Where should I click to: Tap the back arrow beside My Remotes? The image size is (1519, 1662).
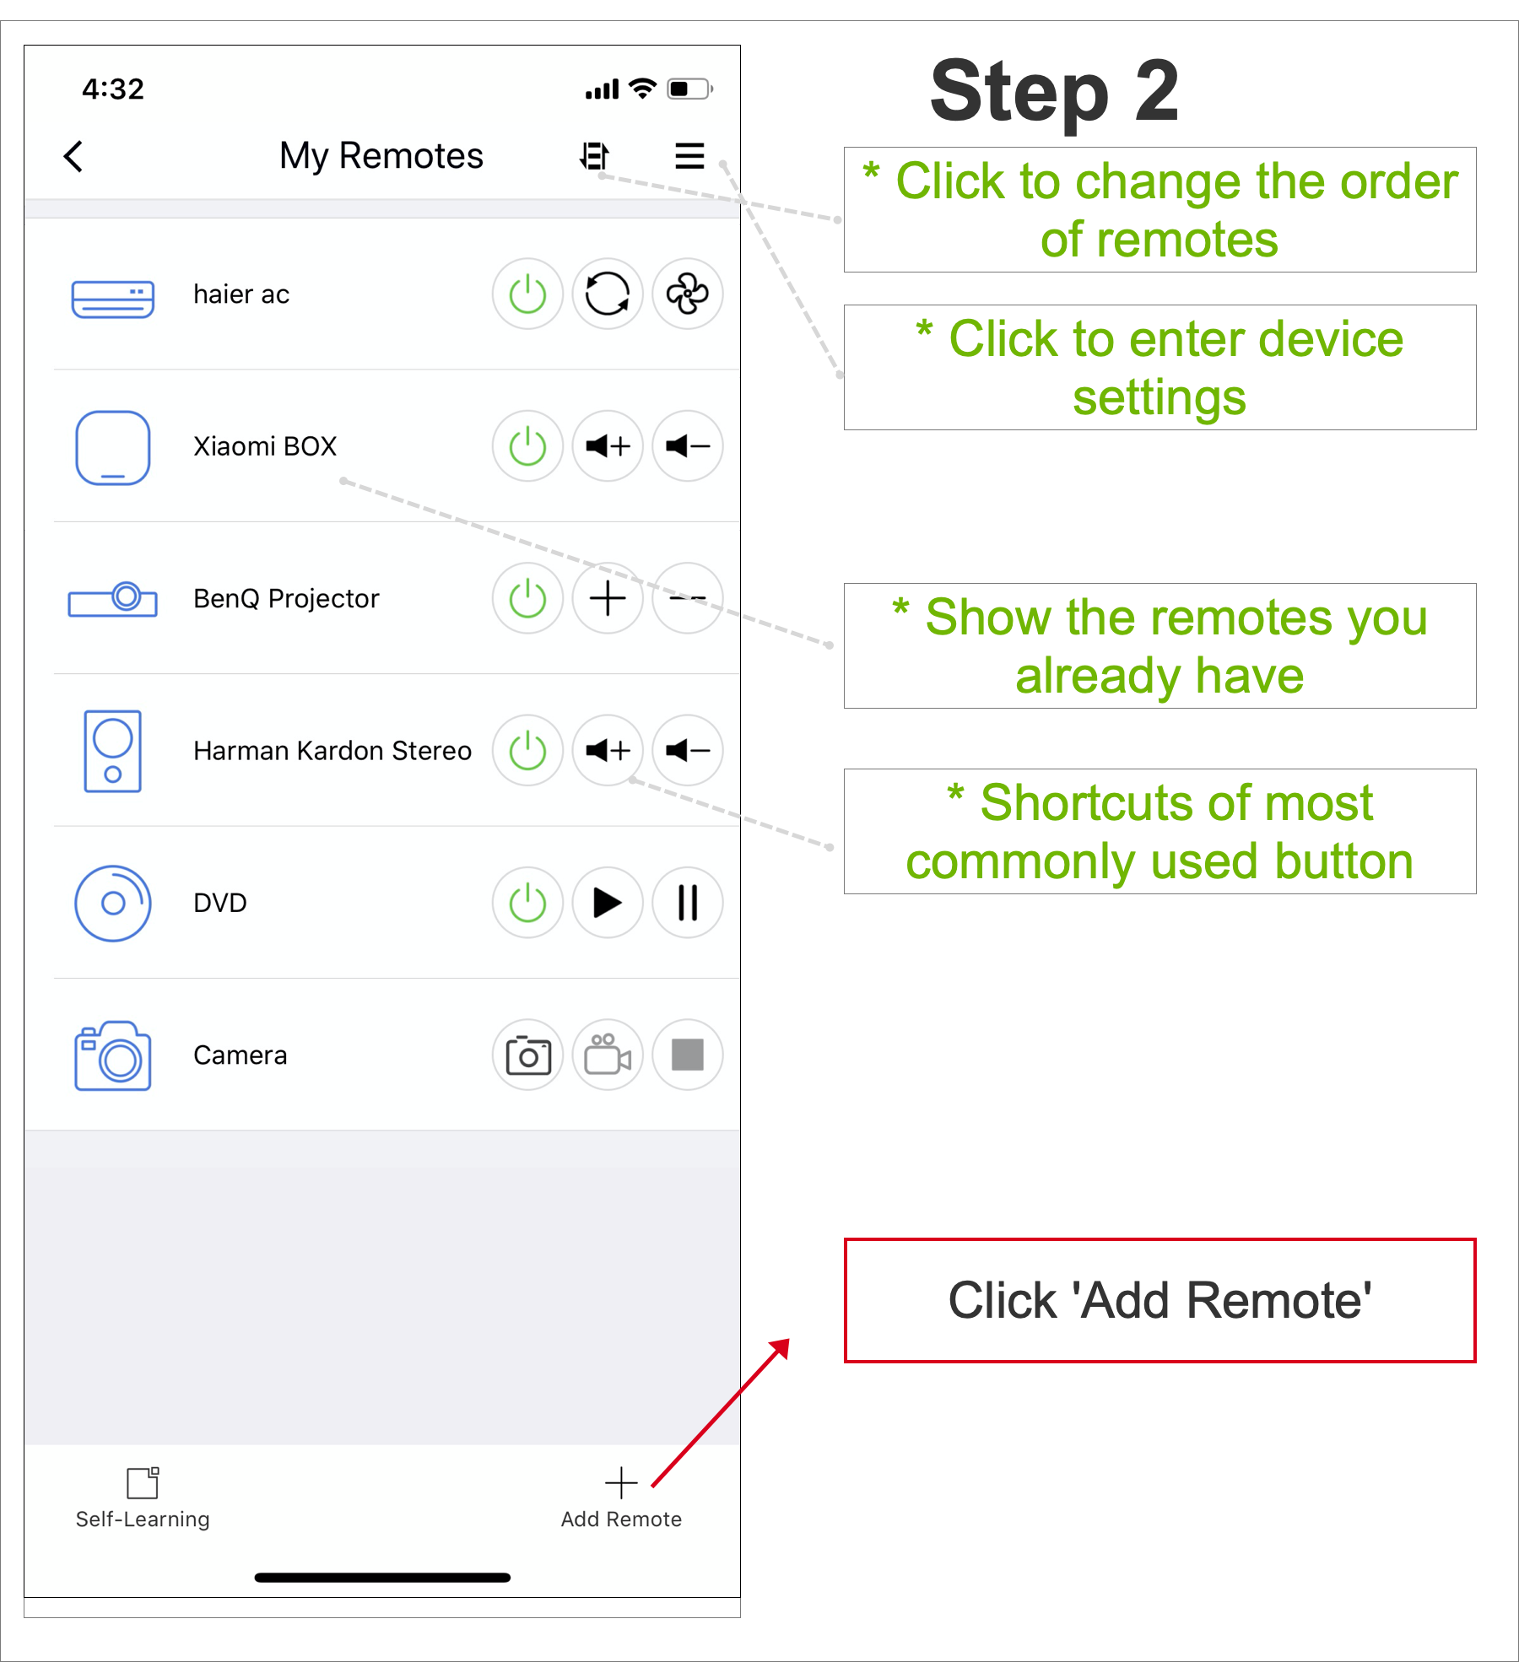tap(73, 156)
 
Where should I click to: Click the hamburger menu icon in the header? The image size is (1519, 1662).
tap(689, 156)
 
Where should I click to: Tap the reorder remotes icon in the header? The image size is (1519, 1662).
tap(595, 156)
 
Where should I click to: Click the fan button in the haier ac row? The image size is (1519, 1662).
tap(688, 294)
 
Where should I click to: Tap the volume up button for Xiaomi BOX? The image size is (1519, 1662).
tap(608, 446)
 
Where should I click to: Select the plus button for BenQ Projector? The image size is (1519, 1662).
tap(608, 599)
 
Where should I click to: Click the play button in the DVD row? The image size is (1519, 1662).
tap(608, 903)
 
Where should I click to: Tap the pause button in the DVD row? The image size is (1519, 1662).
tap(688, 903)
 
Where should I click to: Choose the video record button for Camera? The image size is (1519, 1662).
tap(608, 1055)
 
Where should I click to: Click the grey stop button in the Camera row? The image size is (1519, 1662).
tap(688, 1055)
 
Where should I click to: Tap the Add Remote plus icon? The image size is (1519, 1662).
tap(621, 1482)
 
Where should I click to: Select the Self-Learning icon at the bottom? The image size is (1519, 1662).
tap(143, 1482)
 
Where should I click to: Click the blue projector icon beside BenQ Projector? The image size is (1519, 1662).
tap(112, 599)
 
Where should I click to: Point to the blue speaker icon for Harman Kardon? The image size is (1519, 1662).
tap(112, 751)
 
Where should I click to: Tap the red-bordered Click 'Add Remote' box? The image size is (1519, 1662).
tap(1160, 1300)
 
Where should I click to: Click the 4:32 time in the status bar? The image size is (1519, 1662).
tap(113, 89)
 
